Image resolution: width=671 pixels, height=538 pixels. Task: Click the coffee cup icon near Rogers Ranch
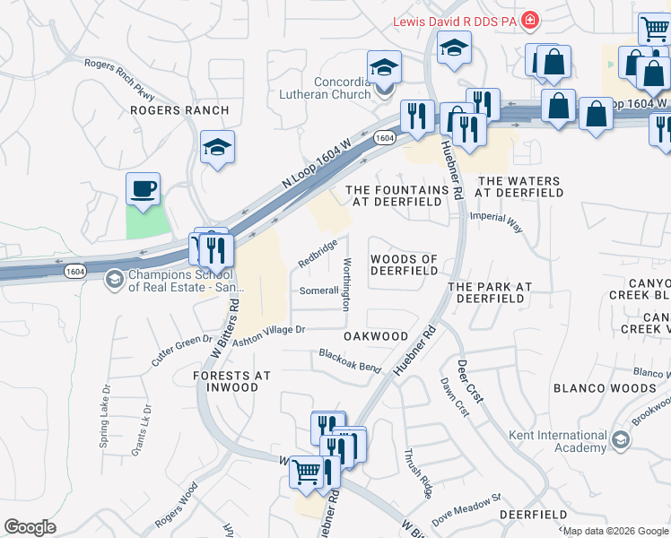point(143,189)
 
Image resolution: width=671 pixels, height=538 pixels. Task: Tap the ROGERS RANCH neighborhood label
point(179,110)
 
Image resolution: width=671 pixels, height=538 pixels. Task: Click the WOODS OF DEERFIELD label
point(404,265)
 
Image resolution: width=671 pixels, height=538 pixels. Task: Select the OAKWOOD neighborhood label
point(376,336)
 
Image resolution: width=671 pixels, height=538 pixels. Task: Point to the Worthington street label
point(346,284)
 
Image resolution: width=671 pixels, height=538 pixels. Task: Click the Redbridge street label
point(318,253)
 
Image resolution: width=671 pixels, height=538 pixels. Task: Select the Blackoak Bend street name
point(351,360)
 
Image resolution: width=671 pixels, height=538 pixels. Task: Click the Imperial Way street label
point(503,221)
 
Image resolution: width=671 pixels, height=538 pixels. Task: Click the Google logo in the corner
point(30,527)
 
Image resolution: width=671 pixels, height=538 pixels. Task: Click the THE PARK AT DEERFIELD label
point(490,292)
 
